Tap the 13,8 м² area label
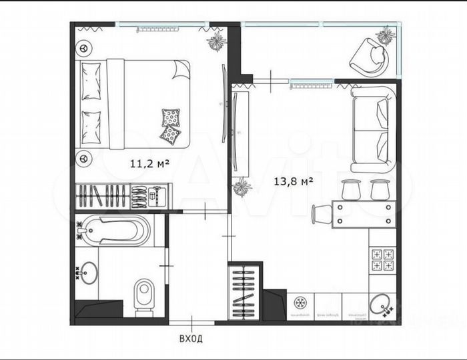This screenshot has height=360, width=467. (294, 180)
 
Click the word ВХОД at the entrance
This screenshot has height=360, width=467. (191, 339)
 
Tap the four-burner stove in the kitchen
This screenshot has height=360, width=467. (383, 259)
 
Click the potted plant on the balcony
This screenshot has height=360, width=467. (386, 35)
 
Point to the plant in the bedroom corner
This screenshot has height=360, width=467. (216, 42)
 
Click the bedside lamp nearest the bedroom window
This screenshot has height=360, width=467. (84, 48)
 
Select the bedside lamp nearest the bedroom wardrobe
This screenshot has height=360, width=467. (84, 159)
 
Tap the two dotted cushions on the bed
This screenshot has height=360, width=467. (171, 126)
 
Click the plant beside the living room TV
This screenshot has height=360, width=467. (242, 187)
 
